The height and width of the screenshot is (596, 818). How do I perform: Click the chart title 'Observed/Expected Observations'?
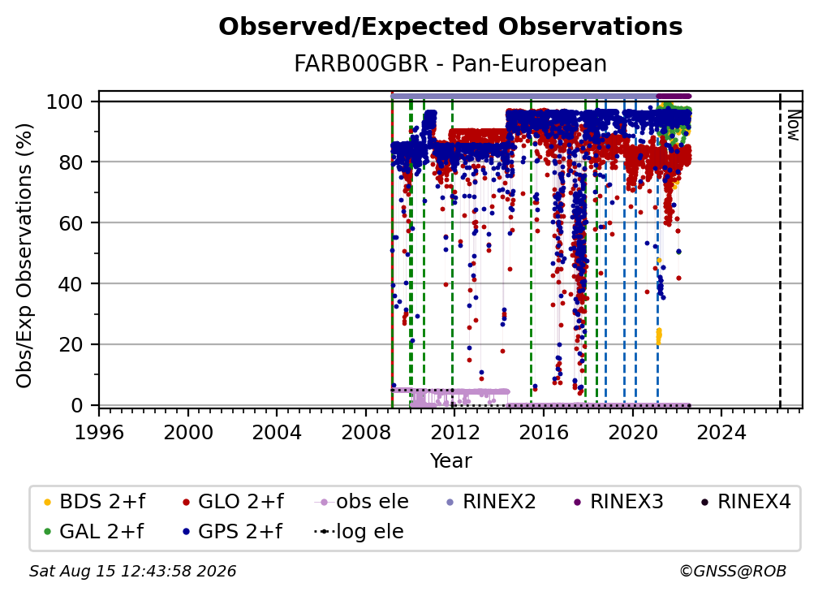(450, 27)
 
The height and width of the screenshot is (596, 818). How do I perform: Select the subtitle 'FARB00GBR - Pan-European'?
(450, 63)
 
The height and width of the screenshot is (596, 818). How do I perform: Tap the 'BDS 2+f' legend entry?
(94, 502)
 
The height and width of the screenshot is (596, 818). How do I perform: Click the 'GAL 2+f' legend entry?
(93, 531)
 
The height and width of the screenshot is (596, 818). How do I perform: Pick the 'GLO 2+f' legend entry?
(233, 502)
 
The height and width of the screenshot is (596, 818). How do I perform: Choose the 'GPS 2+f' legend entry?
(232, 531)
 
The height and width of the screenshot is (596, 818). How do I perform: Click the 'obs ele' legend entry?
(362, 502)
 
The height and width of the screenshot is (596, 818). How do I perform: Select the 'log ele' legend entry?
(359, 531)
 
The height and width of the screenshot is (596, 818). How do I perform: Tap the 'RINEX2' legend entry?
(491, 502)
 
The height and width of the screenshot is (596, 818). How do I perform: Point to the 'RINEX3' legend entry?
(618, 502)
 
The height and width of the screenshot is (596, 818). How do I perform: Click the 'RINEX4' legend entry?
(746, 502)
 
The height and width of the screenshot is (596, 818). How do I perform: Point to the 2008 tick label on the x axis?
(366, 432)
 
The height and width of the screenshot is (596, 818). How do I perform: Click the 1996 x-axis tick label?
(99, 432)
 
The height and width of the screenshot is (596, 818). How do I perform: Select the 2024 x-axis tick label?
(721, 432)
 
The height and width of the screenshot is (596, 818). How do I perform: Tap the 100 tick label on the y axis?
(65, 101)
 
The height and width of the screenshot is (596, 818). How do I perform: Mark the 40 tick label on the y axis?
(71, 284)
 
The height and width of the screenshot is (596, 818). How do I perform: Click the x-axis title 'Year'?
(450, 461)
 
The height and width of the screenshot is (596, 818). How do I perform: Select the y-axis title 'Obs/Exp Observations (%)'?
(24, 255)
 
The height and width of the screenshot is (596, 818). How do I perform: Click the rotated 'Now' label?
(793, 125)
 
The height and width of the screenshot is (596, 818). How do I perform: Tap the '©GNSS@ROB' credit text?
(733, 571)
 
